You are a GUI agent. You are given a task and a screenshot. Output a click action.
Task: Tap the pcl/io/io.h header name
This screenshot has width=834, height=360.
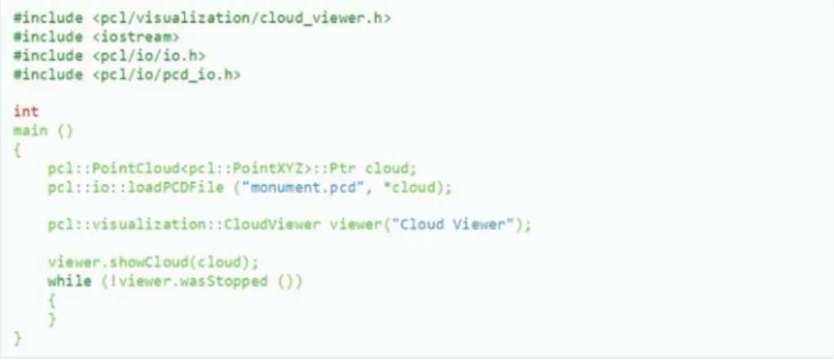149,56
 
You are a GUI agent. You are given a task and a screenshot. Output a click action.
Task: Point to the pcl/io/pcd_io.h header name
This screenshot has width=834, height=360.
166,75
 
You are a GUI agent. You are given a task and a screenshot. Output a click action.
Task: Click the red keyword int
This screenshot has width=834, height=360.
26,111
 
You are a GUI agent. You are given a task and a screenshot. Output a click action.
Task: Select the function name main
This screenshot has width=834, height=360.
31,131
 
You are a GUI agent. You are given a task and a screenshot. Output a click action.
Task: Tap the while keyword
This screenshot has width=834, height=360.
69,281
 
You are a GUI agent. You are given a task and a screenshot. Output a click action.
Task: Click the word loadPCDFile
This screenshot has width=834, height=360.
176,188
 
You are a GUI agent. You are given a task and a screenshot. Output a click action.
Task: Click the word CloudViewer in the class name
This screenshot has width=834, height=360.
272,224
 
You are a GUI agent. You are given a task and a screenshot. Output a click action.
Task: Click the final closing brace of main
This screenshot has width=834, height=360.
18,338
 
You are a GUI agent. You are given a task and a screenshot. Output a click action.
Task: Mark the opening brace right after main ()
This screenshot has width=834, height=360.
18,151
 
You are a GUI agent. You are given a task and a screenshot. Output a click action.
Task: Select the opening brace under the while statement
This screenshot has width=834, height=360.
52,301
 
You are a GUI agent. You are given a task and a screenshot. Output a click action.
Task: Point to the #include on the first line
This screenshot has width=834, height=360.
48,18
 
